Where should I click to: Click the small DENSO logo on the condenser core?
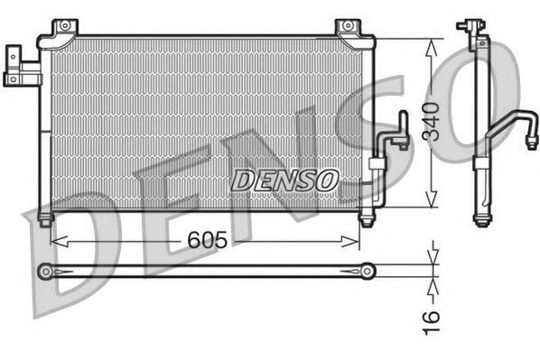(x=284, y=180)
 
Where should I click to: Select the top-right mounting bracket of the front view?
(x=347, y=30)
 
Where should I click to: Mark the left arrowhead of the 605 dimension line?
(x=56, y=240)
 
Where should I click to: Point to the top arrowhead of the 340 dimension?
(x=433, y=42)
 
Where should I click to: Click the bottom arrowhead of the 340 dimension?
(x=433, y=204)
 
